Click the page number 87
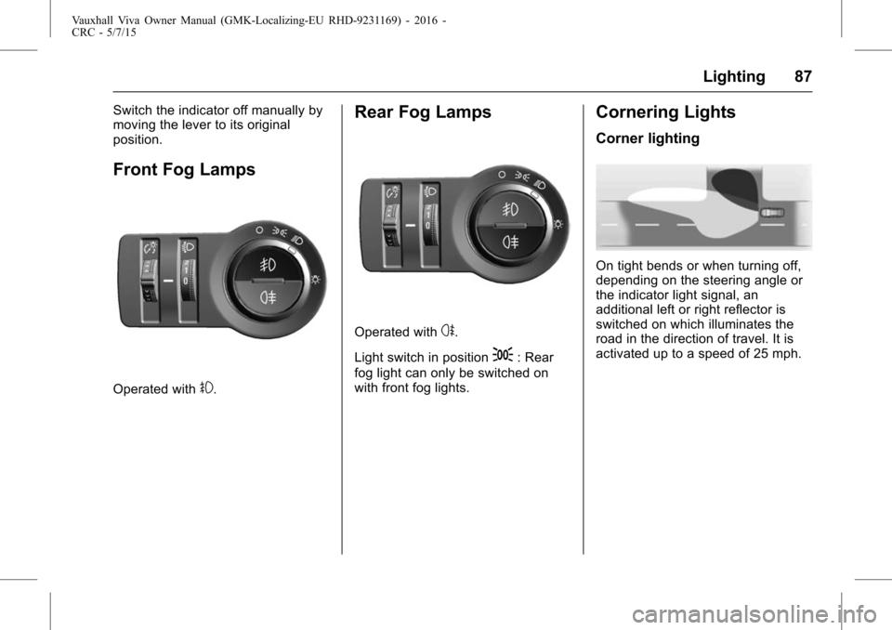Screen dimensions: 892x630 pos(803,76)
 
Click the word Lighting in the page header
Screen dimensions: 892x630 pos(734,77)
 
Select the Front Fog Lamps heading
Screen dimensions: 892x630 pos(184,170)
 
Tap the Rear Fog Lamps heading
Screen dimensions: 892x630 pos(423,112)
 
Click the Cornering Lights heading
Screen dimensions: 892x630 pos(665,112)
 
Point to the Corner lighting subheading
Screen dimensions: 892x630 pos(648,138)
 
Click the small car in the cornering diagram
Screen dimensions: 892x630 pos(772,212)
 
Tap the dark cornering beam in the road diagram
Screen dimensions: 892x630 pos(735,189)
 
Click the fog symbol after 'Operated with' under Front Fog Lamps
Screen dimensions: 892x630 pos(206,388)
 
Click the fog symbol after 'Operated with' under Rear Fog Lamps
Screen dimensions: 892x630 pos(448,331)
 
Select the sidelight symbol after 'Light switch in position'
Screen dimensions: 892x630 pos(503,355)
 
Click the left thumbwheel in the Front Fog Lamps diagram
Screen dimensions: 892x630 pos(150,280)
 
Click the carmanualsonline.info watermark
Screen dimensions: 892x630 pos(754,614)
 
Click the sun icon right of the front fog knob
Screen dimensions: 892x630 pos(316,280)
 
